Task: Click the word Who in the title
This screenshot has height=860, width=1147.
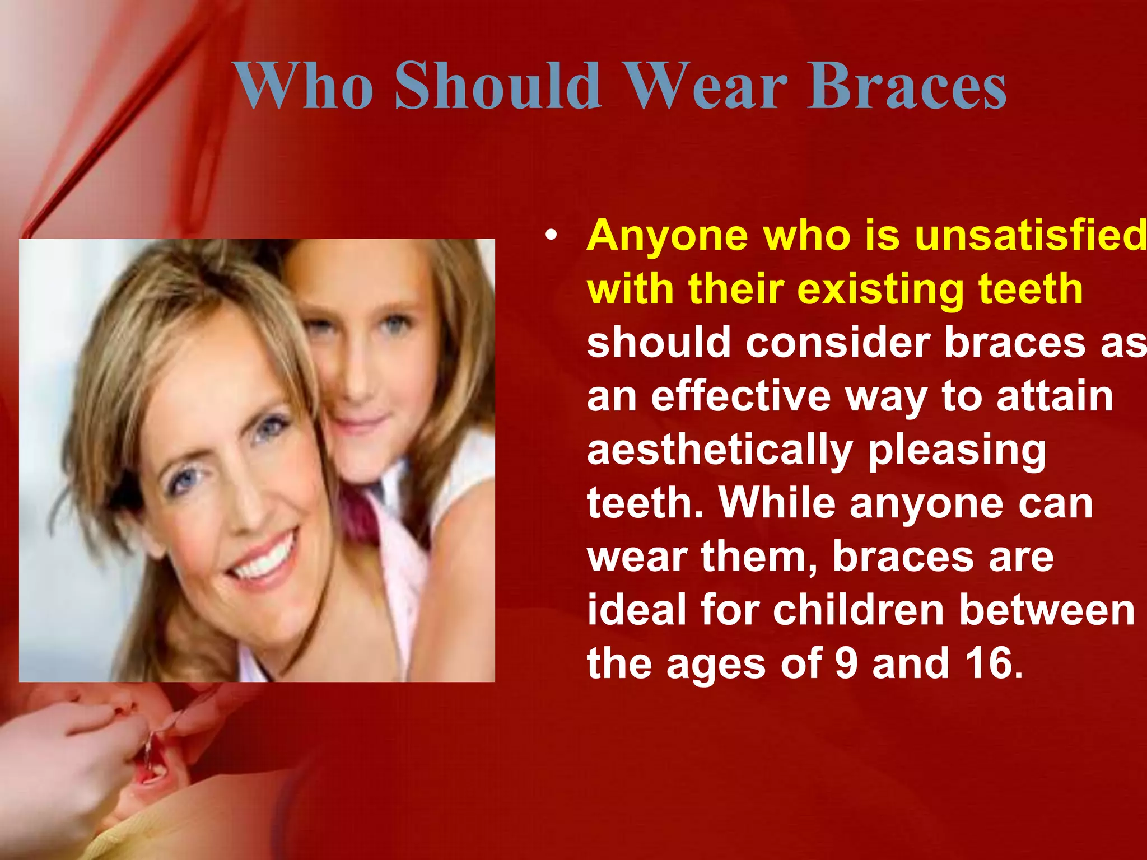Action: tap(303, 87)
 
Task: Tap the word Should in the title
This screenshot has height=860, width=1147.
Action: tap(498, 87)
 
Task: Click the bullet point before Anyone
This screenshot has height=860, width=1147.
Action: tap(552, 237)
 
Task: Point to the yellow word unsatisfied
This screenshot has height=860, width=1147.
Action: tap(1031, 236)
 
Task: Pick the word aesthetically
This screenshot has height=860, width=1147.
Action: tap(720, 450)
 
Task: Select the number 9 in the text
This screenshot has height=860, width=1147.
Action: tap(846, 663)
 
